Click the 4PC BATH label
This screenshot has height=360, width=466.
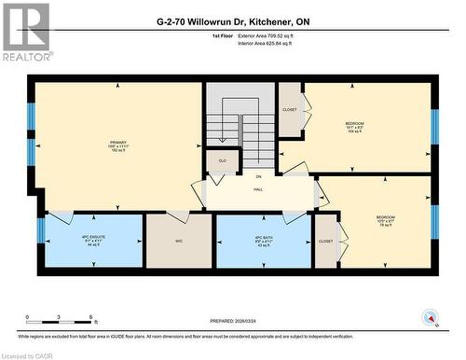tap(263, 239)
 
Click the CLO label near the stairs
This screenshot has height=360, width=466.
tap(222, 161)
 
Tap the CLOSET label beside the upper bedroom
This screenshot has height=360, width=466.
tap(290, 109)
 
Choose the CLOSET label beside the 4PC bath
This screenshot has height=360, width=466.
tap(325, 242)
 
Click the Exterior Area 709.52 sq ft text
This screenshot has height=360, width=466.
tap(272, 35)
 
